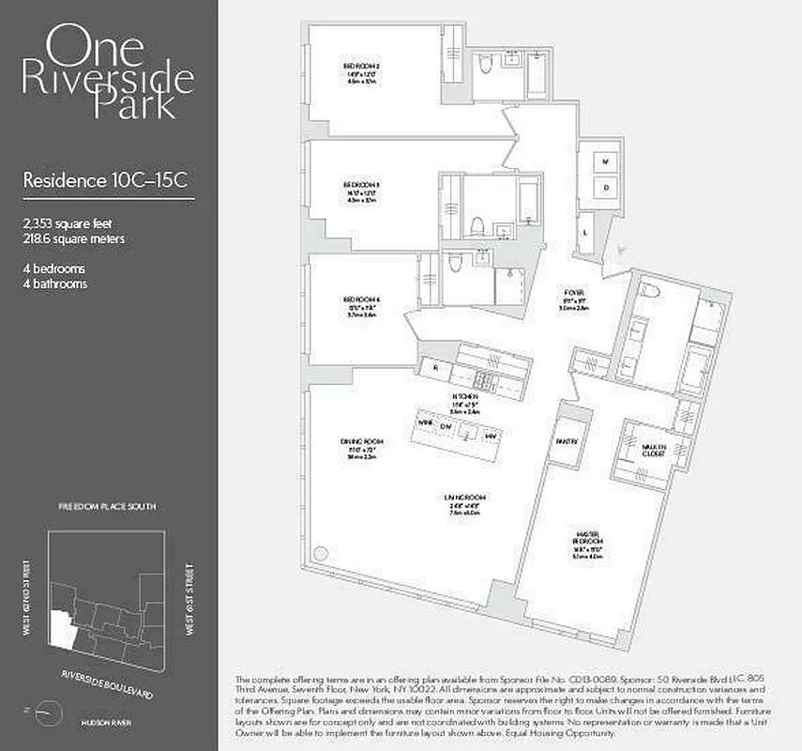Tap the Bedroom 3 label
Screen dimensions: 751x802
pyautogui.click(x=360, y=185)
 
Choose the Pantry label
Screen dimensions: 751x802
pyautogui.click(x=565, y=440)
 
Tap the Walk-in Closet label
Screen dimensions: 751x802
pyautogui.click(x=654, y=449)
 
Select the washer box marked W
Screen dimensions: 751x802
pyautogui.click(x=606, y=162)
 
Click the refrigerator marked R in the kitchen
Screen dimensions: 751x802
pyautogui.click(x=434, y=368)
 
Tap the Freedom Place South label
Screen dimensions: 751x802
pyautogui.click(x=108, y=506)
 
